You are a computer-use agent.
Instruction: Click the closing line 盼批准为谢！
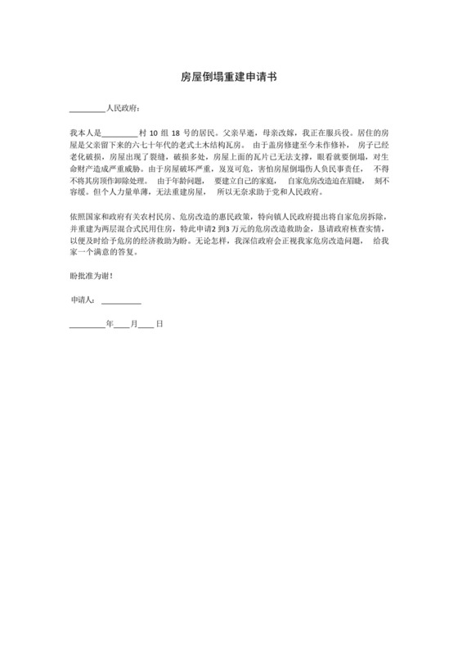[x=92, y=274]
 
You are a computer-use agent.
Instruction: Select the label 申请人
[x=83, y=300]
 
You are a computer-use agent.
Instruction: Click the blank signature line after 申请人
[x=122, y=301]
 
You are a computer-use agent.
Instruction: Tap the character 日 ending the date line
[x=160, y=324]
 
